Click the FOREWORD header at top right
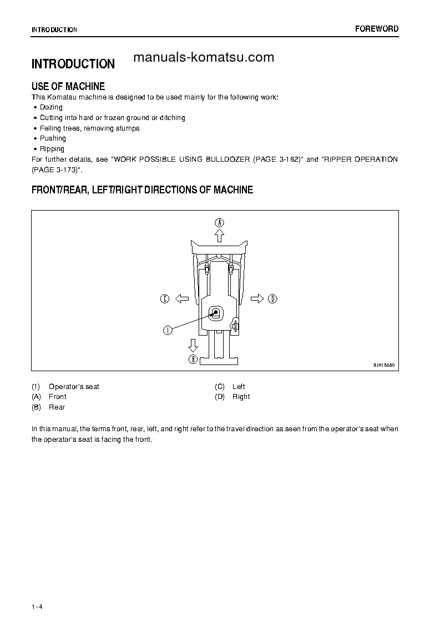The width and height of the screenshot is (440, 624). pyautogui.click(x=377, y=29)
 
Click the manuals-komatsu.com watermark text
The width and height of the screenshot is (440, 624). pyautogui.click(x=204, y=57)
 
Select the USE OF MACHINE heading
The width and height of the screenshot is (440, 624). pyautogui.click(x=68, y=86)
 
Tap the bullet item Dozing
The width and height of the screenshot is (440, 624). pyautogui.click(x=51, y=107)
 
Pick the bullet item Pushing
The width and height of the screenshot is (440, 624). pyautogui.click(x=53, y=138)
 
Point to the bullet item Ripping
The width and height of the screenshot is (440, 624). pyautogui.click(x=52, y=149)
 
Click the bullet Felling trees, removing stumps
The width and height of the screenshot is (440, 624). pyautogui.click(x=89, y=128)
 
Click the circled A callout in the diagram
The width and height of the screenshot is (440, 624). pyautogui.click(x=220, y=222)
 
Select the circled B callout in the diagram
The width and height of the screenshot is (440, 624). pyautogui.click(x=193, y=360)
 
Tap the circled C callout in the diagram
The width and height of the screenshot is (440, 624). pyautogui.click(x=165, y=299)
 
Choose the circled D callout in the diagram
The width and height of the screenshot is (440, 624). pyautogui.click(x=272, y=299)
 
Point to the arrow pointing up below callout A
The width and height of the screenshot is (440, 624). pyautogui.click(x=220, y=236)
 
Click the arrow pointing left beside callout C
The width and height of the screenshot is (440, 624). pyautogui.click(x=181, y=299)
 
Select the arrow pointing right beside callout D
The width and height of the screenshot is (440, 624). pyautogui.click(x=257, y=299)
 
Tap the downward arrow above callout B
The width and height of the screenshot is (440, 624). pyautogui.click(x=193, y=345)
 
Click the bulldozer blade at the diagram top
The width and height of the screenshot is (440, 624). pyautogui.click(x=220, y=247)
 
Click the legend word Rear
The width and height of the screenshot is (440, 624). pyautogui.click(x=57, y=407)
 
